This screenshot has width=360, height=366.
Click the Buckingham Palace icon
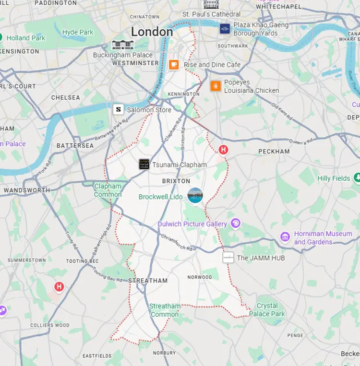pos(120,45)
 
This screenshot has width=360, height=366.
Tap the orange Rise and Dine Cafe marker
pos(174,65)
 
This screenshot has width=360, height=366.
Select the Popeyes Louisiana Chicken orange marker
pos(216,86)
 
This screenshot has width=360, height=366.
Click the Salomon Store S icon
pos(119,109)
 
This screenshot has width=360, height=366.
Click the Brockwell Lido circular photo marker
pos(195,196)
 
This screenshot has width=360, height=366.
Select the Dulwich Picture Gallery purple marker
pos(235,224)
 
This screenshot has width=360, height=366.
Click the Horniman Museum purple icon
pos(285,237)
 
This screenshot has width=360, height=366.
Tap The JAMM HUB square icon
pos(228,258)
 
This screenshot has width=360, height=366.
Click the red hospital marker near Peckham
pos(223,150)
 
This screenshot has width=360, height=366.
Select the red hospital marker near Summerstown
pos(59,287)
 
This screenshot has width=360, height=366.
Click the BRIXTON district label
pos(176,181)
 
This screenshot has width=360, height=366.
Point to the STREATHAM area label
pos(148,281)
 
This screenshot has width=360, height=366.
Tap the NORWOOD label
pos(200,277)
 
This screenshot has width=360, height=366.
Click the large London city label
pos(152,32)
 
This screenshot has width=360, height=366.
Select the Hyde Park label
pos(78,32)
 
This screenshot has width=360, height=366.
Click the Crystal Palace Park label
pos(271,310)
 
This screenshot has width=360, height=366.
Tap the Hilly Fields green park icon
pos(357,178)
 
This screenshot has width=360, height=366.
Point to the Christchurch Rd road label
pos(177,243)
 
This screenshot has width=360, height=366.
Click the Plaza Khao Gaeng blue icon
pos(225,29)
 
